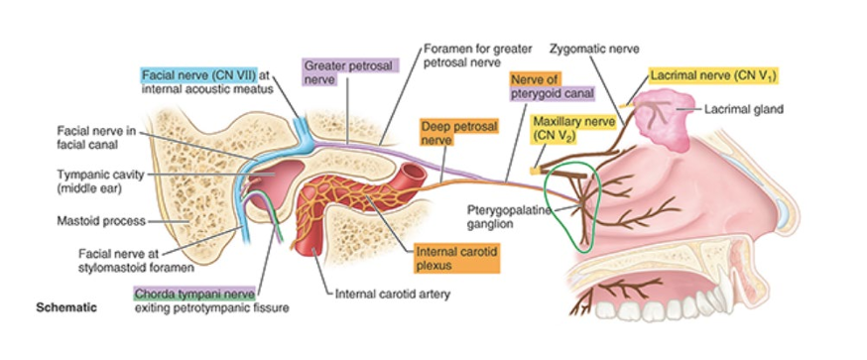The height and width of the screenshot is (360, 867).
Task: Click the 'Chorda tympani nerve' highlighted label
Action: coord(196,295)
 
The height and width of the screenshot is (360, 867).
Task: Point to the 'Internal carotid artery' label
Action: coord(388,294)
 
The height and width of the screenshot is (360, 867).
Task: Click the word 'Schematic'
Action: coord(66,307)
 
